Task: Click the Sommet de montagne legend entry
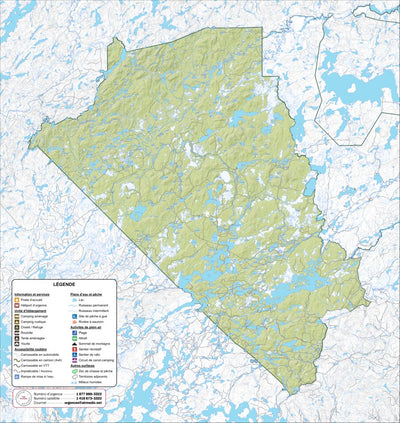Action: pyautogui.click(x=93, y=344)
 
